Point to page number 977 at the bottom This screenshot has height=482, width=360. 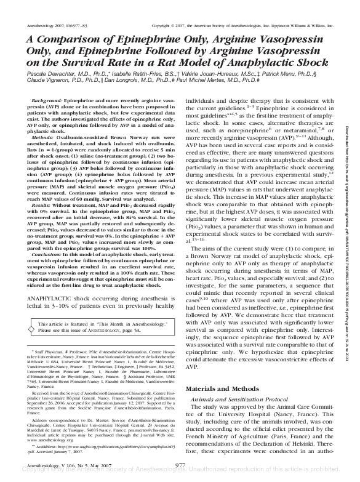[x=180, y=465]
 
